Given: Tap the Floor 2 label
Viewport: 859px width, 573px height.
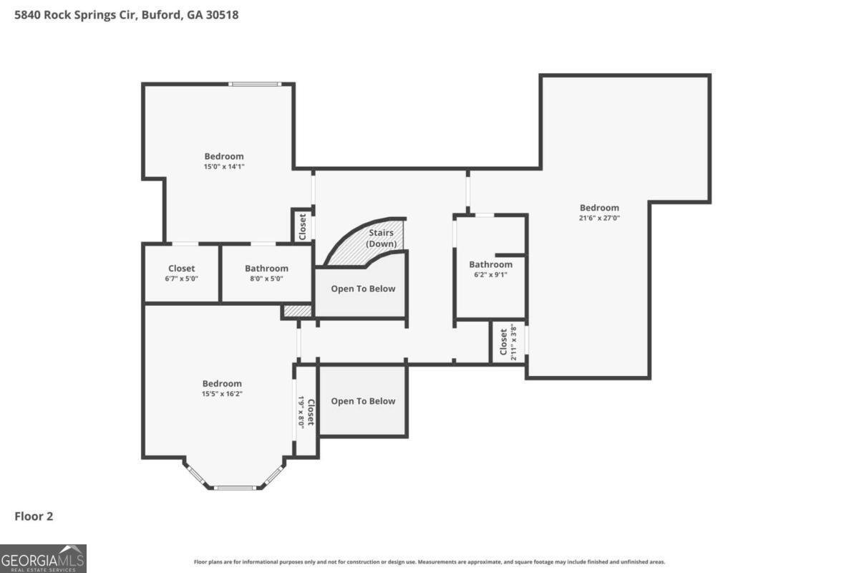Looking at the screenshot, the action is (34, 516).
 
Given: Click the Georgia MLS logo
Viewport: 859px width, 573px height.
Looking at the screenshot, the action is (43, 559).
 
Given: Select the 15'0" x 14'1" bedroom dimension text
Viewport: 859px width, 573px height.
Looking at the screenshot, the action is (224, 167).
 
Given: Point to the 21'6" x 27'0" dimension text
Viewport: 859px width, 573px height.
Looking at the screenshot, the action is (599, 218).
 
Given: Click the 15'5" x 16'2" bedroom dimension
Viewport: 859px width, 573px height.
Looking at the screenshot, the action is (222, 394).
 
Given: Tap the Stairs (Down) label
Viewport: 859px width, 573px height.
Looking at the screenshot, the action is (381, 238).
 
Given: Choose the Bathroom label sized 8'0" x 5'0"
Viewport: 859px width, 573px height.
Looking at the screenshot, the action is (266, 269).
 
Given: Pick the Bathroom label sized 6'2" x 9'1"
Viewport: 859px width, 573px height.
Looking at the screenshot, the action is (490, 265).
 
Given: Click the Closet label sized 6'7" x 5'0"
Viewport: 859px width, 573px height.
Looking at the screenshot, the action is (181, 269).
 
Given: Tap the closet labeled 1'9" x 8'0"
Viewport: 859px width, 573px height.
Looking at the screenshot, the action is (307, 412).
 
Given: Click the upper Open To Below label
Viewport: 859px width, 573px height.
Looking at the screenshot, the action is (363, 289).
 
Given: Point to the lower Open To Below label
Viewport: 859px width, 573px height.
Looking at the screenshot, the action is (363, 401).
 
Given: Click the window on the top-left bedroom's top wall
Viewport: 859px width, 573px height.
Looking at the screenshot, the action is (255, 84).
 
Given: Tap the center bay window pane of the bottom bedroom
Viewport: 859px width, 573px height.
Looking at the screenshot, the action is (235, 488).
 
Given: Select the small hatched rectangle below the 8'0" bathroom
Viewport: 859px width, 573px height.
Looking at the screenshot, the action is (298, 310).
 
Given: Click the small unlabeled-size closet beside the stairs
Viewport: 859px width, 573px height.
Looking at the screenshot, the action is (302, 227).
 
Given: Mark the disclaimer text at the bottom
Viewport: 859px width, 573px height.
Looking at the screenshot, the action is (429, 562).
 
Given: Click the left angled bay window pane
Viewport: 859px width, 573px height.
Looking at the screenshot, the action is (196, 474).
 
